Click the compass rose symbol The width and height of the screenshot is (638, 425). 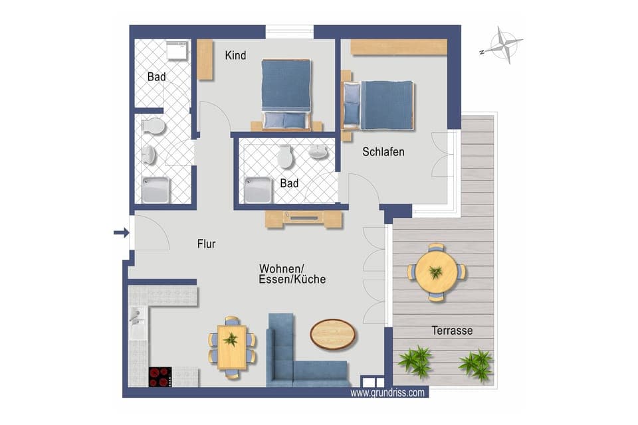pyautogui.click(x=503, y=46)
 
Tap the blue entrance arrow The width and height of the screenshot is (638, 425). pyautogui.click(x=120, y=232)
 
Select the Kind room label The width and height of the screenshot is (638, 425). pyautogui.click(x=235, y=56)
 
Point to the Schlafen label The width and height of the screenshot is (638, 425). pyautogui.click(x=383, y=152)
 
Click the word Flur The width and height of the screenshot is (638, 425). pyautogui.click(x=206, y=244)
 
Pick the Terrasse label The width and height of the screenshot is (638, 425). pyautogui.click(x=452, y=330)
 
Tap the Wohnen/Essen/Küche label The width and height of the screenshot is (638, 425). pyautogui.click(x=292, y=274)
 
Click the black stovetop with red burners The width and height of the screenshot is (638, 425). pyautogui.click(x=160, y=377)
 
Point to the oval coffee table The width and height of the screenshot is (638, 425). pyautogui.click(x=333, y=333)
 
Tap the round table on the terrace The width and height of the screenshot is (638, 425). pyautogui.click(x=437, y=272)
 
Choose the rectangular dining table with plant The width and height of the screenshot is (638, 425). pyautogui.click(x=231, y=348)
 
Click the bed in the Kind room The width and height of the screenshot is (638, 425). pyautogui.click(x=286, y=93)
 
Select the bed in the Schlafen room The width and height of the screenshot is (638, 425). pyautogui.click(x=379, y=104)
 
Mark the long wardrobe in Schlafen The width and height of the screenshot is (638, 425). pyautogui.click(x=399, y=47)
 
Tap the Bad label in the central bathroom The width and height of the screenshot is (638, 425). pyautogui.click(x=289, y=183)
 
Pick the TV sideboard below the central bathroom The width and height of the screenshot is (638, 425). pyautogui.click(x=304, y=218)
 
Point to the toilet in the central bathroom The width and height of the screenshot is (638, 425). pyautogui.click(x=285, y=157)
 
